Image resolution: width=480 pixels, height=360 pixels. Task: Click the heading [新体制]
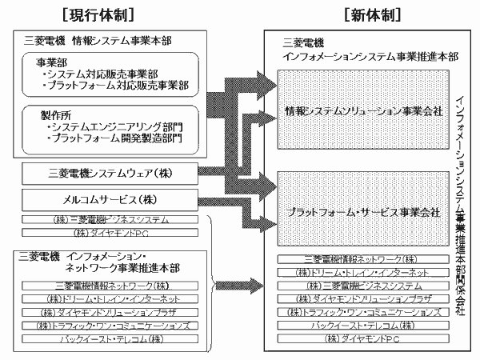[370, 14]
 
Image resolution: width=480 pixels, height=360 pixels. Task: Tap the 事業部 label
[50, 62]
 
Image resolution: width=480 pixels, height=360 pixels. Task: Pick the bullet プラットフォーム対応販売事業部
[117, 85]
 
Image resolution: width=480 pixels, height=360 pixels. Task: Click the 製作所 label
[50, 115]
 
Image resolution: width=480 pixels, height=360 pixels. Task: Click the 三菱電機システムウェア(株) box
[111, 173]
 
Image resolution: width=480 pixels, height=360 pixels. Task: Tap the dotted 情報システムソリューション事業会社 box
[363, 110]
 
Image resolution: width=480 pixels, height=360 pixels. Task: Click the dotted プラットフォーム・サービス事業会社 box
[363, 212]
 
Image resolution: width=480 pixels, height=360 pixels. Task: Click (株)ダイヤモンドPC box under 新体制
[363, 339]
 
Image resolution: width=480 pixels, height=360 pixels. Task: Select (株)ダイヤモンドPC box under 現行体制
[111, 233]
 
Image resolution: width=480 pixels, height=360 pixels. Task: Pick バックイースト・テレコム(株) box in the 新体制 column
[363, 326]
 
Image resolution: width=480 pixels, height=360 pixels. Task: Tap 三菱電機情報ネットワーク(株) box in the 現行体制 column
[111, 285]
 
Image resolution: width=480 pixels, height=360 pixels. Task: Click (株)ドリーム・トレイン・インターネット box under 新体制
[363, 272]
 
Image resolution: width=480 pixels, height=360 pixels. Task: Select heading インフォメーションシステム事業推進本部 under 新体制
[370, 58]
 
